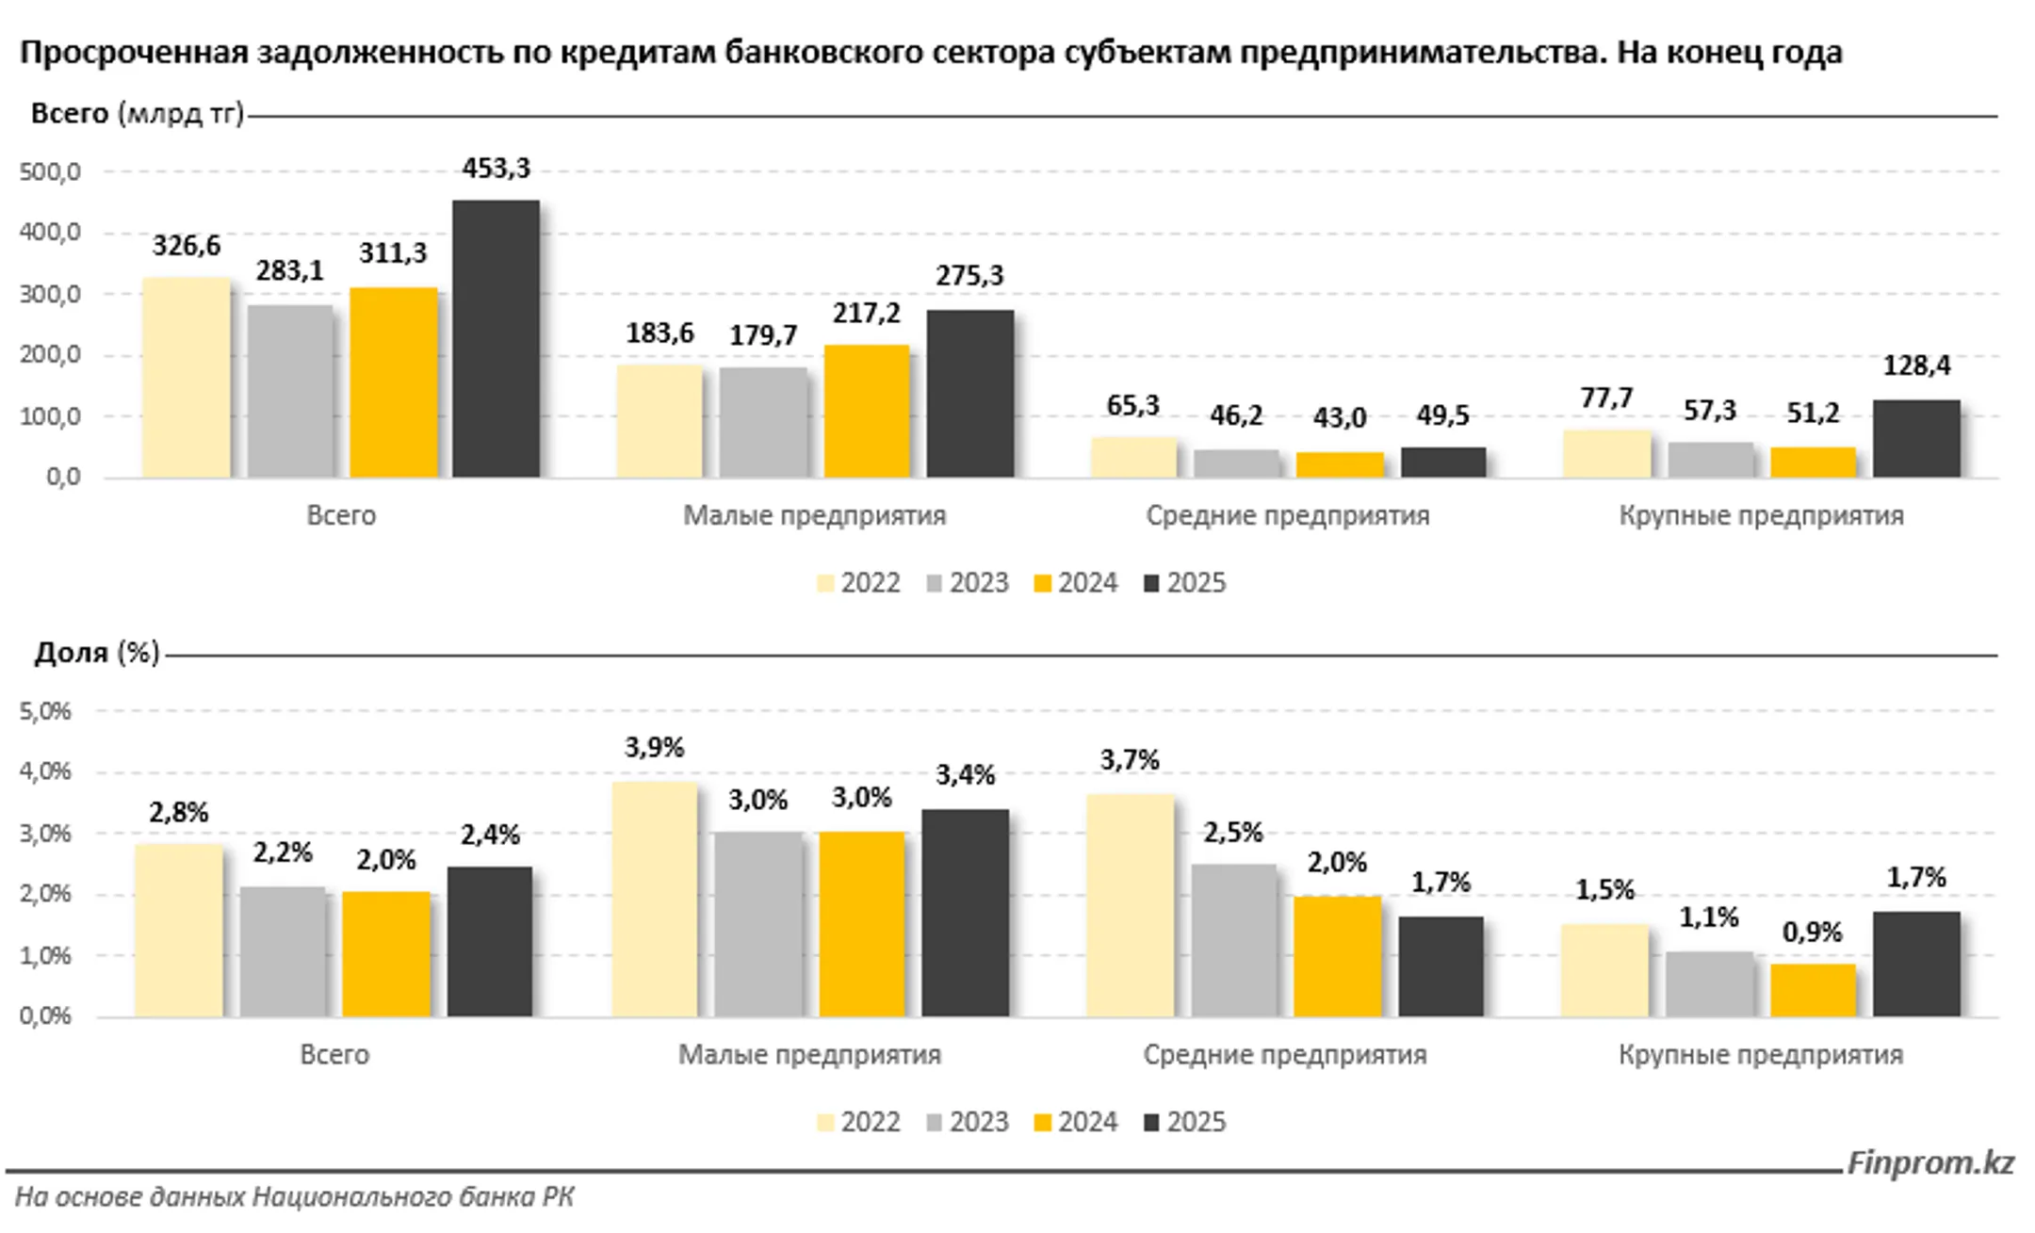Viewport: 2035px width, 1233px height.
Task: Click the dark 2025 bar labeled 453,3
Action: [x=496, y=339]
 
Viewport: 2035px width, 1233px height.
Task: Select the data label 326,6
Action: [x=187, y=246]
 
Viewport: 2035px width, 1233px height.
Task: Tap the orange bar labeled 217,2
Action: [x=867, y=412]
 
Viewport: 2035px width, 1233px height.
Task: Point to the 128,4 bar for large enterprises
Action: [x=1915, y=439]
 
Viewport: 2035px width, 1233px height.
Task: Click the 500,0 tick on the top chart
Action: [x=50, y=172]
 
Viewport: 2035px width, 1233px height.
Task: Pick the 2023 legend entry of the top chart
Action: [x=968, y=583]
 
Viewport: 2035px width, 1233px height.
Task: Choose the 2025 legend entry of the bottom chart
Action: [x=1185, y=1122]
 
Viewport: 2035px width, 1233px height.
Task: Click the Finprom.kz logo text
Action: [x=1929, y=1162]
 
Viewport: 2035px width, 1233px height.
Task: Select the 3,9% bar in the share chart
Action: [x=655, y=900]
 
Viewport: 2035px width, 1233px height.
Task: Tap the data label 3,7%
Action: [x=1129, y=759]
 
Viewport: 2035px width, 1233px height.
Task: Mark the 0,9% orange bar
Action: [x=1812, y=990]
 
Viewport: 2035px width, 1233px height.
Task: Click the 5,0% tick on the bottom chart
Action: [x=45, y=711]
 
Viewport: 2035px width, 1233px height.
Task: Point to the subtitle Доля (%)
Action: [x=96, y=653]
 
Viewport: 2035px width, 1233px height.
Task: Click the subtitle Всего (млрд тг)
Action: [x=137, y=114]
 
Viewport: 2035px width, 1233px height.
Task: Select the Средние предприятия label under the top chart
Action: [x=1287, y=515]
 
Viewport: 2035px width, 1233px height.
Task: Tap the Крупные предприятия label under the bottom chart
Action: [x=1760, y=1054]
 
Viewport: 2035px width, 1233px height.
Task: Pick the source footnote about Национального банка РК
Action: [x=294, y=1197]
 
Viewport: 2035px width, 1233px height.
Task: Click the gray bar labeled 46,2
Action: [x=1236, y=463]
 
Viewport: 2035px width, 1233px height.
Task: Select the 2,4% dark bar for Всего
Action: [x=489, y=942]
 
